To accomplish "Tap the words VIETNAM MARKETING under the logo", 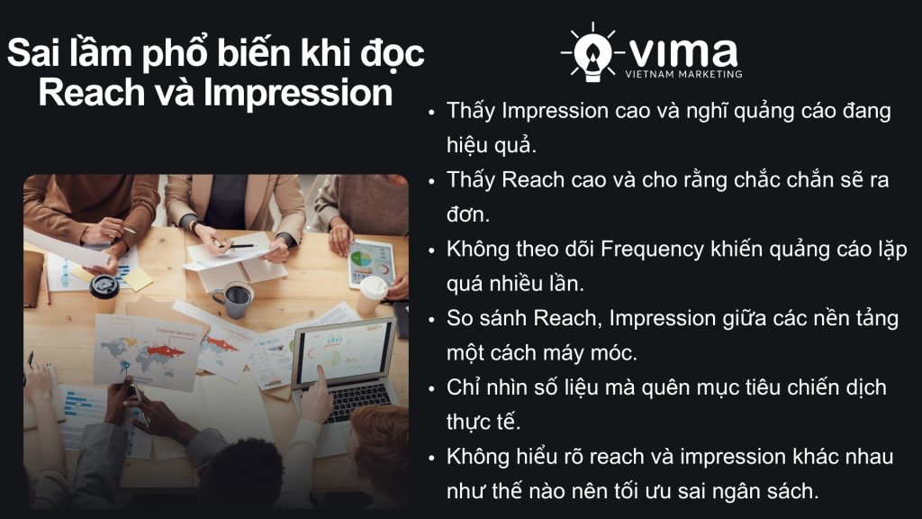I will pos(683,74).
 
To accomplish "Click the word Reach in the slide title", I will pos(86,93).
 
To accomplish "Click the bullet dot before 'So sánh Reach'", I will pos(432,319).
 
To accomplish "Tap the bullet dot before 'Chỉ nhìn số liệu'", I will pos(432,388).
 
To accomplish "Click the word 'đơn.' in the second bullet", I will pos(468,214).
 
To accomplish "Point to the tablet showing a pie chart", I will pos(371,263).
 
